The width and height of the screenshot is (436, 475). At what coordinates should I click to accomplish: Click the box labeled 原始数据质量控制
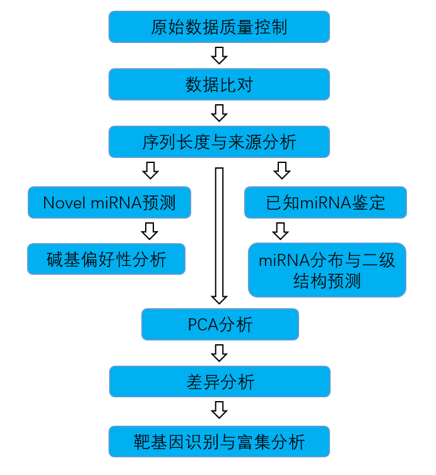point(219,27)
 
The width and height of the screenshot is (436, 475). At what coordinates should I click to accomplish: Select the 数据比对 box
point(219,85)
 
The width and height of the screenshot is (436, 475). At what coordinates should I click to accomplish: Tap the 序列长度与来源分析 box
point(219,142)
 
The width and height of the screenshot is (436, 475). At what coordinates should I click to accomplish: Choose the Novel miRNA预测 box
point(109,203)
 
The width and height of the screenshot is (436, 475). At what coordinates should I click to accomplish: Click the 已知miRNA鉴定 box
point(326,203)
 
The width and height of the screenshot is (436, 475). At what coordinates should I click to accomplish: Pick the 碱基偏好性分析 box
point(106,259)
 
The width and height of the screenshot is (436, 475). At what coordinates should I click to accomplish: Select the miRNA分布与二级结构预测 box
point(327,270)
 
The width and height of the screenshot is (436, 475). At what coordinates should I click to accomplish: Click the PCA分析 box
point(220,325)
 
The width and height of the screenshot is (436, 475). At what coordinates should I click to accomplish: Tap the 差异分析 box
point(220,382)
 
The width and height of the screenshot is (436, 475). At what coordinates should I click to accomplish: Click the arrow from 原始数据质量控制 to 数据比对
point(219,56)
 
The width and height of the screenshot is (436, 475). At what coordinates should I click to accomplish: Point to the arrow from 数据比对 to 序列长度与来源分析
point(219,113)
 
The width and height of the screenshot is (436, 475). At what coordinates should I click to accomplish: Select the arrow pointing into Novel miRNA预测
point(150,170)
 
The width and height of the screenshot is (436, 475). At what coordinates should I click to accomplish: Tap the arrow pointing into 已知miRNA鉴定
point(281,170)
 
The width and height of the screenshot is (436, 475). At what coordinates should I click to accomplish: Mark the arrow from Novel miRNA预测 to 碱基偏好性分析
point(149,231)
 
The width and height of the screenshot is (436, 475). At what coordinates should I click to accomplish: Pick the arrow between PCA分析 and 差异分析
point(220,352)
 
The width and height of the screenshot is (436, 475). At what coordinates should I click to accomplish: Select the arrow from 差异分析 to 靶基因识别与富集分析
point(220,411)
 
